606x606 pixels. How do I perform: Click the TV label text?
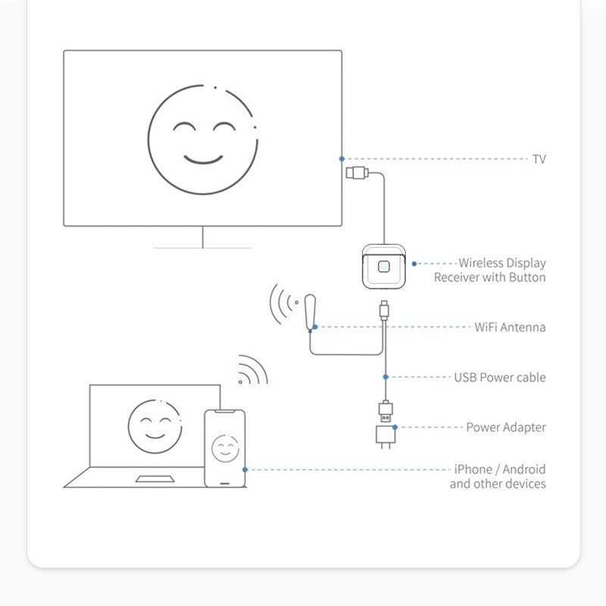[539, 159]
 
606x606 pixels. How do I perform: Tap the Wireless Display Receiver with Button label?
[490, 270]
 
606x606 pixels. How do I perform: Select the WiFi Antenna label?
[510, 327]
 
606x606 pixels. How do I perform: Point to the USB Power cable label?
[499, 377]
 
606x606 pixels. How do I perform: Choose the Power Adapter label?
[505, 427]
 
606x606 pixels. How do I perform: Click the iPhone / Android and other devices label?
[498, 476]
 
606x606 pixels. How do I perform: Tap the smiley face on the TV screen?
[202, 140]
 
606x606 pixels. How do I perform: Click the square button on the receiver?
[384, 267]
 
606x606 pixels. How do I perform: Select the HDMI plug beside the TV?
[358, 173]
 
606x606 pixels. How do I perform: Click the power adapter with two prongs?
[385, 437]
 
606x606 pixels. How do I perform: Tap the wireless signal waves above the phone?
[252, 370]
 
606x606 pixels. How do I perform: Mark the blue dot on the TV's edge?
[342, 158]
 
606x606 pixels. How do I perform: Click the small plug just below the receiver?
[385, 309]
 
